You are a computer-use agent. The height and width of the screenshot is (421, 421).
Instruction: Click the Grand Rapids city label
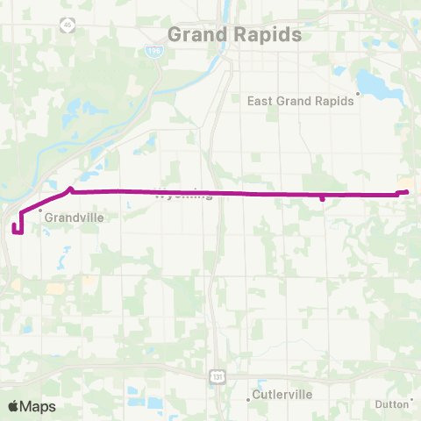(x=234, y=34)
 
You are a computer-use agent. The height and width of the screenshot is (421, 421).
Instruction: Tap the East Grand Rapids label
(x=301, y=100)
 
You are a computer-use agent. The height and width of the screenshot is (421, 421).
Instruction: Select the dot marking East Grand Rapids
(x=359, y=92)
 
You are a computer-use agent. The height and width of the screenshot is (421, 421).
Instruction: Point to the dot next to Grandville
(x=39, y=210)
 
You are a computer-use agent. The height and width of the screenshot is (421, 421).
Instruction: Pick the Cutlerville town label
(x=282, y=395)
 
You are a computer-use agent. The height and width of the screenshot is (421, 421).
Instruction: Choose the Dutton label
(x=391, y=404)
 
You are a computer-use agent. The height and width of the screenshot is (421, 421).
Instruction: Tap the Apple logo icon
(x=14, y=406)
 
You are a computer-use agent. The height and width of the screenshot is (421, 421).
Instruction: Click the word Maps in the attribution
(x=38, y=406)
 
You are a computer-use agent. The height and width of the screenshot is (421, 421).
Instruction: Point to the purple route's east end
(x=407, y=191)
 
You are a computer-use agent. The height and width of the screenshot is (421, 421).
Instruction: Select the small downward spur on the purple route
(x=323, y=198)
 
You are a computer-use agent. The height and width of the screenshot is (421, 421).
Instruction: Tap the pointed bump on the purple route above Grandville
(x=70, y=187)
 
